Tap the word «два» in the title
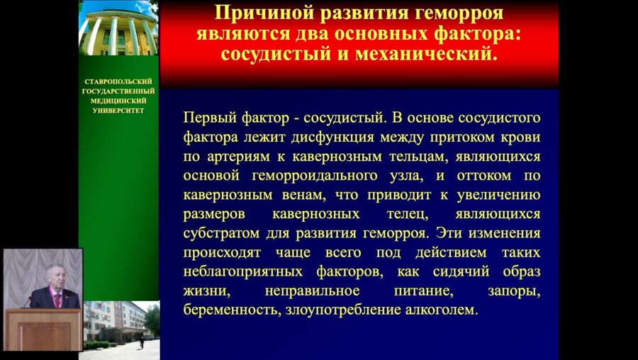pyautogui.click(x=293, y=34)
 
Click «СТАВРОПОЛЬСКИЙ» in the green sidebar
pyautogui.click(x=118, y=82)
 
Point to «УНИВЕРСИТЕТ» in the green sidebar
pyautogui.click(x=118, y=110)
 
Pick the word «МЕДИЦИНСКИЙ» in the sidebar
pyautogui.click(x=118, y=101)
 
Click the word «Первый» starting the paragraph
pyautogui.click(x=207, y=116)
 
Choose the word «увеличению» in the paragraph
pyautogui.click(x=502, y=194)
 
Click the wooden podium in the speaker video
pyautogui.click(x=43, y=329)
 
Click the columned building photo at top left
pyautogui.click(x=118, y=28)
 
